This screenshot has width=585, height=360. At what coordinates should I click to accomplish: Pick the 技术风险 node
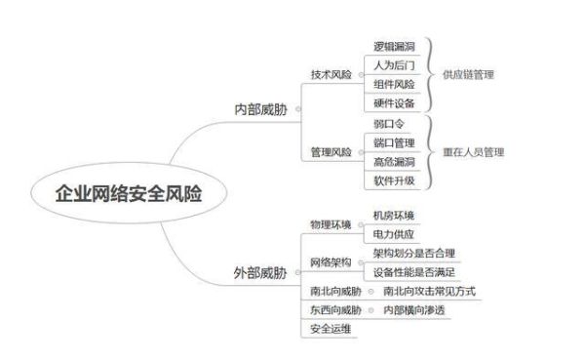click(x=331, y=74)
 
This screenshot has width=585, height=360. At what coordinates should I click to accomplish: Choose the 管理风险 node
click(x=331, y=152)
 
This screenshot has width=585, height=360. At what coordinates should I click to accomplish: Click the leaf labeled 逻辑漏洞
click(x=395, y=46)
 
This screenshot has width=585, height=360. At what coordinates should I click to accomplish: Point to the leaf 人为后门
click(x=395, y=65)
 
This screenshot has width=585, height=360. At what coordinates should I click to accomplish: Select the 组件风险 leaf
click(x=395, y=84)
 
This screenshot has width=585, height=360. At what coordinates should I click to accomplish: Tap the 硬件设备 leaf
click(x=395, y=102)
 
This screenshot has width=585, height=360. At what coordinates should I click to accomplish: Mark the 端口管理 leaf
click(x=395, y=143)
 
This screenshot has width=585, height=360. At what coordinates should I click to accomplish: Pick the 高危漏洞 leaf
click(x=395, y=162)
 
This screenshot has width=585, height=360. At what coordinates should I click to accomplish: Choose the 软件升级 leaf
click(x=395, y=180)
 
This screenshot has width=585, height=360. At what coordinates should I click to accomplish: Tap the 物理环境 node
click(x=331, y=225)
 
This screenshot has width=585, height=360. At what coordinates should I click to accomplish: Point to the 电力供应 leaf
click(x=395, y=235)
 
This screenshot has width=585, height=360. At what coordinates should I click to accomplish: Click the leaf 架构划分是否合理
click(x=414, y=254)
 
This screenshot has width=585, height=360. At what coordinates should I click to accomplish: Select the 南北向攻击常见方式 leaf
click(x=429, y=292)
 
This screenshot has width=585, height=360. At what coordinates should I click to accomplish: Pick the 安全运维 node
click(x=331, y=329)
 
